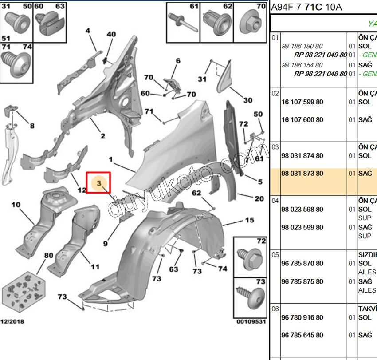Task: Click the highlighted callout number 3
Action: click(99, 182)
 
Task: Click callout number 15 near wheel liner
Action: click(249, 220)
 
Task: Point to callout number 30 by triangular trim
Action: click(247, 100)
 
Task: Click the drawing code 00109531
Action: click(251, 321)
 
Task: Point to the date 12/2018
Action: click(12, 321)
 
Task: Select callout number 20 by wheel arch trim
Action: click(259, 198)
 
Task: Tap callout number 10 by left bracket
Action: click(16, 205)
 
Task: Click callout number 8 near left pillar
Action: click(32, 126)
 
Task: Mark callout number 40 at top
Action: click(111, 34)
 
